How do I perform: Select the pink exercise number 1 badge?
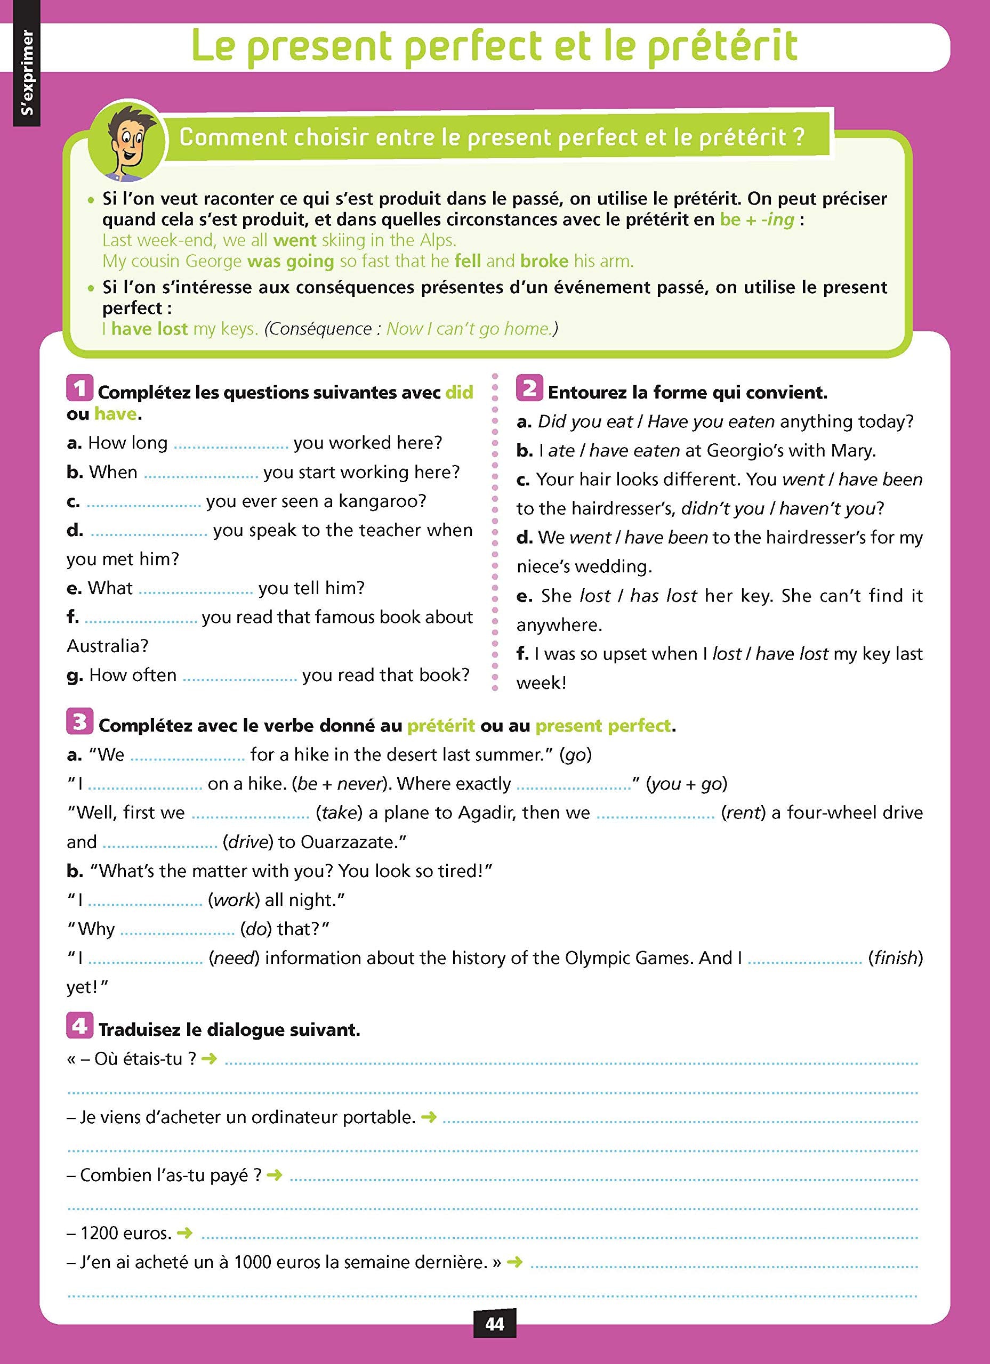tap(79, 388)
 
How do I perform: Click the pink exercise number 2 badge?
tap(529, 388)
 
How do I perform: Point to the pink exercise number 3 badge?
tap(79, 721)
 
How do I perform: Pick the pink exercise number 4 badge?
tap(79, 1026)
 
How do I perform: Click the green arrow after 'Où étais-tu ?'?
tap(209, 1059)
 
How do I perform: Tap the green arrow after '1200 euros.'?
tap(185, 1233)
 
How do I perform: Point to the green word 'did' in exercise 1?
tap(458, 392)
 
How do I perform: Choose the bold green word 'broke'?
tap(544, 261)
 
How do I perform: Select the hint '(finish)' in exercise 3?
tap(895, 957)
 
